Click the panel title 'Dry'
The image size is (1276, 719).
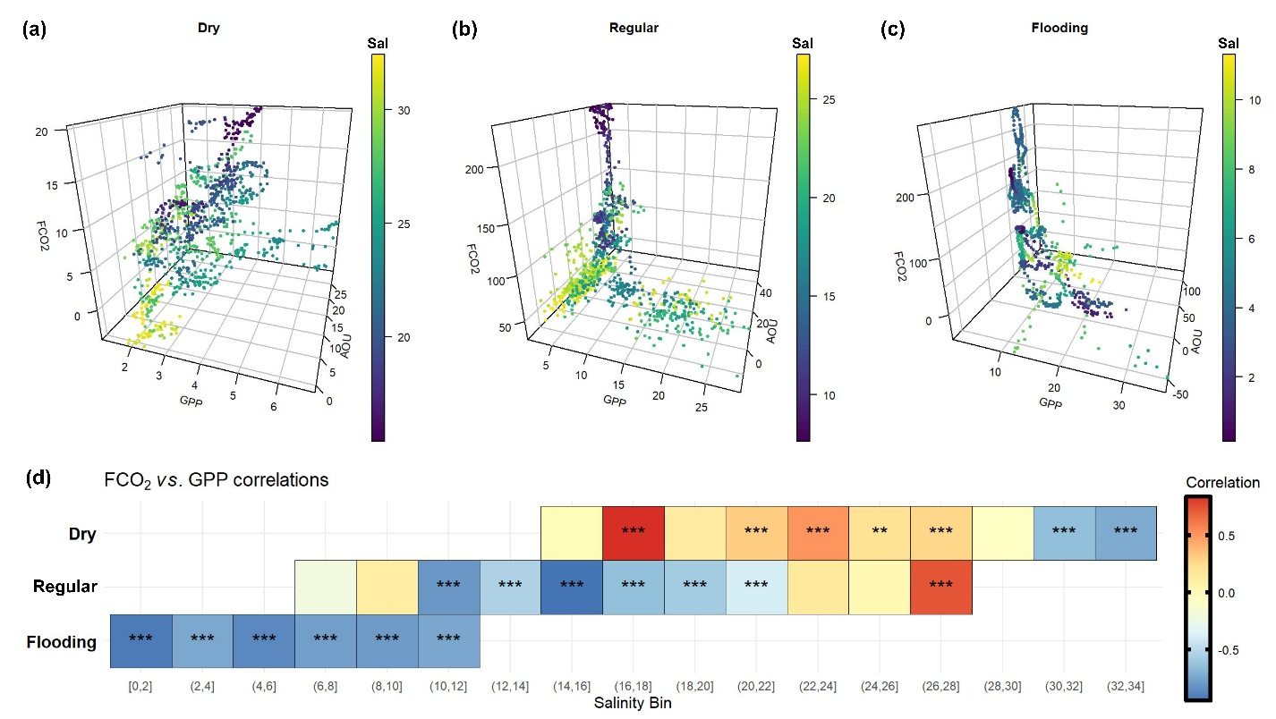209,28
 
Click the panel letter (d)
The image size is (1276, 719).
35,478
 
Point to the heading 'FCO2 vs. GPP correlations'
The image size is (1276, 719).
216,480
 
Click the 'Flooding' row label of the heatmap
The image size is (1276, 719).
62,641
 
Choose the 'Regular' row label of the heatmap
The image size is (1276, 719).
65,587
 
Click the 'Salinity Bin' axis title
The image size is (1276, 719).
633,704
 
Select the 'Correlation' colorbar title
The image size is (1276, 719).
1222,483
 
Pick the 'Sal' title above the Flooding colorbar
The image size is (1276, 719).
1229,44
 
